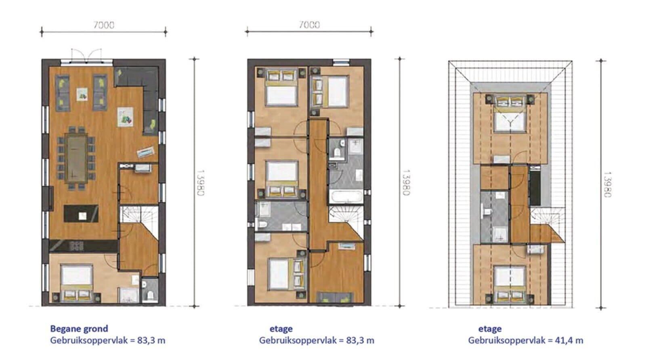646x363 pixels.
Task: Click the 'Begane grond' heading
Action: [x=79, y=329]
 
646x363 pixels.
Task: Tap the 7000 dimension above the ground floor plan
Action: [x=104, y=25]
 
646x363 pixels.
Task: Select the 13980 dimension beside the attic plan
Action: [x=607, y=185]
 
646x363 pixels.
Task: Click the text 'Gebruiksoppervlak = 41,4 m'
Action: [x=525, y=340]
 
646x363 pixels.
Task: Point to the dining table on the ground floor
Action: [x=76, y=158]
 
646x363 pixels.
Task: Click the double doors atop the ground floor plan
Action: [x=86, y=56]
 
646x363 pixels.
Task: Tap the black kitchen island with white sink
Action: [x=81, y=213]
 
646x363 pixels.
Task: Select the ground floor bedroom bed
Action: [x=76, y=283]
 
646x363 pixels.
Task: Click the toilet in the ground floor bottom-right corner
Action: [x=150, y=295]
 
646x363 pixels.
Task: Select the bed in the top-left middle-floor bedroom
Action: [x=281, y=88]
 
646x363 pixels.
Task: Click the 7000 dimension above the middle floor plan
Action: [x=309, y=25]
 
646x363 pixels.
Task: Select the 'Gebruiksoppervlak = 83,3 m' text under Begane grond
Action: [x=107, y=340]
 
